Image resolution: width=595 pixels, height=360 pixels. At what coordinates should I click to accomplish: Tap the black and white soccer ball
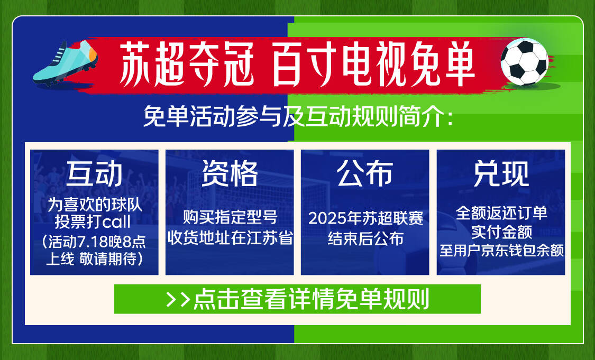[x=525, y=61]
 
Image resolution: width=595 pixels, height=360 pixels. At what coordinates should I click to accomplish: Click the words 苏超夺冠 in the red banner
[x=186, y=63]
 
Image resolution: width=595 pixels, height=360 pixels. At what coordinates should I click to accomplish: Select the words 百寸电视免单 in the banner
[x=373, y=63]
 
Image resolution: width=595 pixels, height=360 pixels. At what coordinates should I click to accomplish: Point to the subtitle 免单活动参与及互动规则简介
[x=298, y=116]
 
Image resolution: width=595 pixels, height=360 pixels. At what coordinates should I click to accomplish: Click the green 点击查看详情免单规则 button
[x=297, y=299]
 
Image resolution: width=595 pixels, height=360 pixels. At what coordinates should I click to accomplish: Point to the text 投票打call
[x=93, y=222]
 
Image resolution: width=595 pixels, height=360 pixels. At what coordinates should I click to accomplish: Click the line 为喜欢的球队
[x=95, y=205]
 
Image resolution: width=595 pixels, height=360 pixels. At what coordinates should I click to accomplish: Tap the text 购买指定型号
[x=230, y=217]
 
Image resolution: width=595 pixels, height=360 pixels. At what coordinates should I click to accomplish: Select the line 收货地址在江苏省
[x=230, y=238]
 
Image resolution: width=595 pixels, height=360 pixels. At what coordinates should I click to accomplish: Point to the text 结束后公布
[x=365, y=238]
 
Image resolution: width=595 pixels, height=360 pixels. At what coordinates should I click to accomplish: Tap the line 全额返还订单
[x=501, y=213]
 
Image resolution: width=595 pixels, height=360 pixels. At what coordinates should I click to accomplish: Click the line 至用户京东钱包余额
[x=501, y=251]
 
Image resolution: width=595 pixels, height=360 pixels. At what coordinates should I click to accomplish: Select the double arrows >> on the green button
[x=178, y=299]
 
